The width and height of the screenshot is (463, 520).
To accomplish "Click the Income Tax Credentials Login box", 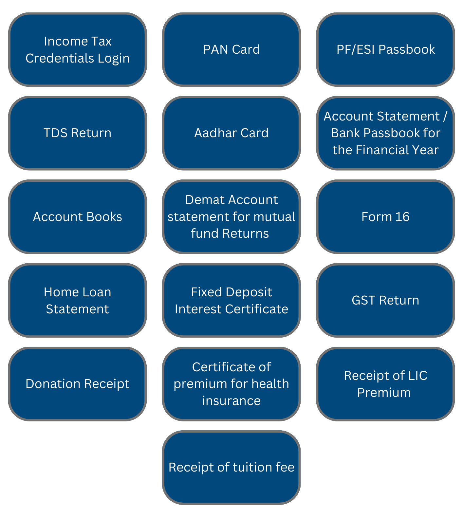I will (77, 49).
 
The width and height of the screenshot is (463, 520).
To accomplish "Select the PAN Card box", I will (231, 49).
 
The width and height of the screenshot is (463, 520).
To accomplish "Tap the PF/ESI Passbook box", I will (385, 49).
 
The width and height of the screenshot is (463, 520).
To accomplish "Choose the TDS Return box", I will (77, 133).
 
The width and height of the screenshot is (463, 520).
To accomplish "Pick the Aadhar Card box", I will (231, 133).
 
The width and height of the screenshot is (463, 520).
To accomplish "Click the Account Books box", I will (77, 217).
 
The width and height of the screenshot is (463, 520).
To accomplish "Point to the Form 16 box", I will (385, 217).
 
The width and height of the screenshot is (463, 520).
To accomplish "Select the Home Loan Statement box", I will (77, 300).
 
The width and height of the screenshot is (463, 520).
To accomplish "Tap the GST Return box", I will (385, 300).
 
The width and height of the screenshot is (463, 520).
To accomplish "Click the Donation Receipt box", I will (77, 384).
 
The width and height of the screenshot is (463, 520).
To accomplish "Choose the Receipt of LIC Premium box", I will (385, 384).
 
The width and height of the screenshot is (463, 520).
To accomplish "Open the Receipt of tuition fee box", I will (231, 467).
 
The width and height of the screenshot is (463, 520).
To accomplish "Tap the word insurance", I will (231, 401).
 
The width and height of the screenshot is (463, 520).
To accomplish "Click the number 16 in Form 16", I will (402, 217).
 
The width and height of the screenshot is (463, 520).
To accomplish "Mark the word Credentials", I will (55, 58).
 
